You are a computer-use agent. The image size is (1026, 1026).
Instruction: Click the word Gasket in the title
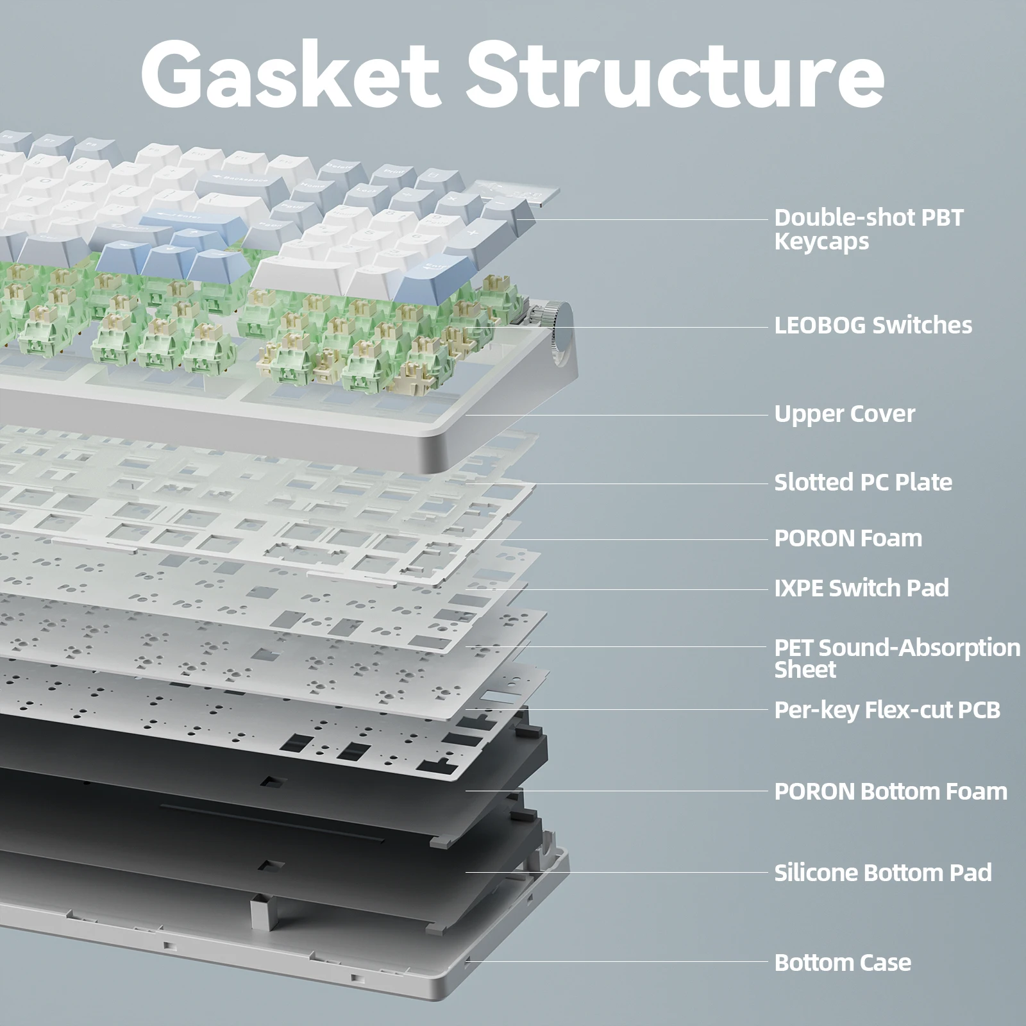click(x=290, y=76)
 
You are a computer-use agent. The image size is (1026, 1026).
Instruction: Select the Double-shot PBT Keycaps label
click(x=868, y=229)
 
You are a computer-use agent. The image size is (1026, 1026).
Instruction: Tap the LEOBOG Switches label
click(x=873, y=325)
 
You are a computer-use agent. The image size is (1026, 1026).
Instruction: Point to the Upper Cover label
click(x=845, y=414)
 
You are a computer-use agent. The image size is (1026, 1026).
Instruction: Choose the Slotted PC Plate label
click(x=863, y=482)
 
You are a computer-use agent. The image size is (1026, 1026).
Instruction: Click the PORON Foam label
click(x=848, y=538)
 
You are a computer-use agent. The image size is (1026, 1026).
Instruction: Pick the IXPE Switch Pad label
click(x=861, y=587)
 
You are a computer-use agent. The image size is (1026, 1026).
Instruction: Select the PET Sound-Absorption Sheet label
click(x=896, y=658)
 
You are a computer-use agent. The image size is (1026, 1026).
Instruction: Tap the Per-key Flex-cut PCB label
click(x=887, y=710)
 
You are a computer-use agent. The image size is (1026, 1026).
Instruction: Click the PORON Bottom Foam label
click(x=891, y=791)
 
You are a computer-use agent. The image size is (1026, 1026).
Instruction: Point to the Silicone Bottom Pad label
click(x=882, y=872)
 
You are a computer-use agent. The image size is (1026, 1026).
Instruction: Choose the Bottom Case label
click(x=843, y=962)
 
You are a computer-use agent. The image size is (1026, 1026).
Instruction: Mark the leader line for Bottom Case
click(x=616, y=962)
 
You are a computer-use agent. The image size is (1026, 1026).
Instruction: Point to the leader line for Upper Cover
click(x=616, y=415)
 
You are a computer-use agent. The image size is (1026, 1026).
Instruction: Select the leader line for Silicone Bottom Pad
click(x=616, y=872)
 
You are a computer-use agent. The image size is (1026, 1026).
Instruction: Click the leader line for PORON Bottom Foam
click(x=616, y=791)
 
